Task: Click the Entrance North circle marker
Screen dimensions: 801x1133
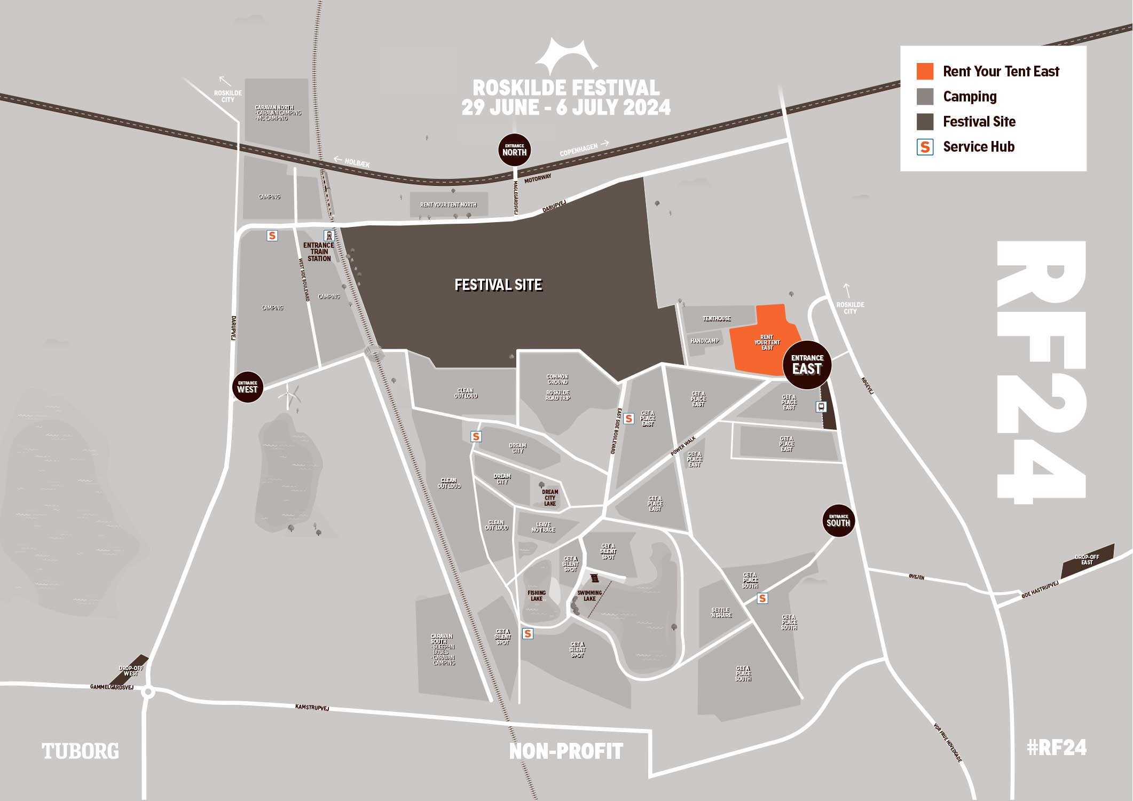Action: [x=514, y=150]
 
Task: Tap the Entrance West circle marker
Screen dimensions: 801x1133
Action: [x=247, y=387]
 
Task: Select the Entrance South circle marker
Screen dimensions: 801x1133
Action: [x=838, y=521]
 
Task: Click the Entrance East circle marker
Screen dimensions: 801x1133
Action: [x=807, y=365]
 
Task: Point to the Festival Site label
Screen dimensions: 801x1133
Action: [x=498, y=285]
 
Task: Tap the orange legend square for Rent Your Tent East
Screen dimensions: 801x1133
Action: [x=925, y=72]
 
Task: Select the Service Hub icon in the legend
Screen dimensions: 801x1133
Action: [x=925, y=147]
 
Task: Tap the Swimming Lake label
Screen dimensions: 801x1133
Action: [x=589, y=595]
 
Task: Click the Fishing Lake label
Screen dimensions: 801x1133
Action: [x=537, y=595]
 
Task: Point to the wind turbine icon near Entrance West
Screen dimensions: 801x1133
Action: [x=289, y=397]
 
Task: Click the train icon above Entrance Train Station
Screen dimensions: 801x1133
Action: [x=329, y=235]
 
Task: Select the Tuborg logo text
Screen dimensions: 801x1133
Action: [x=81, y=751]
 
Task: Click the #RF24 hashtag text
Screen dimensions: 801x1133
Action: [x=1056, y=748]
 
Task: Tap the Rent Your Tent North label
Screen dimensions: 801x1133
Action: [x=449, y=205]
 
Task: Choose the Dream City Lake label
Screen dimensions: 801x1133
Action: [x=550, y=498]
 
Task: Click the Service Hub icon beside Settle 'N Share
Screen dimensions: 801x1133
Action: [x=762, y=598]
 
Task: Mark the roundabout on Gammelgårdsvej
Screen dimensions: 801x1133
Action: [x=148, y=693]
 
